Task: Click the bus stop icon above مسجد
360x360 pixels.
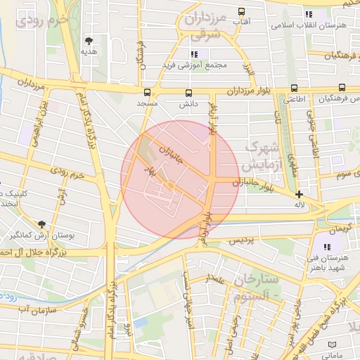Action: click(x=147, y=92)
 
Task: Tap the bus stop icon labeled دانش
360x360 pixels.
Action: click(x=188, y=92)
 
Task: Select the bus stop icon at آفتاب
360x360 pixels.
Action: click(x=241, y=12)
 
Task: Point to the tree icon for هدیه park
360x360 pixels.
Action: click(x=89, y=41)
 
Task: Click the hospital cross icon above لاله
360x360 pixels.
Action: click(x=300, y=194)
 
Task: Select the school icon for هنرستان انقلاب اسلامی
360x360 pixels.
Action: click(x=307, y=14)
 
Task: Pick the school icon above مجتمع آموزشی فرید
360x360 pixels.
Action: click(x=194, y=54)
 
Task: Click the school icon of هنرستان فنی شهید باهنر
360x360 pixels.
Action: click(x=327, y=247)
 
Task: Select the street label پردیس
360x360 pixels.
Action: click(x=240, y=241)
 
